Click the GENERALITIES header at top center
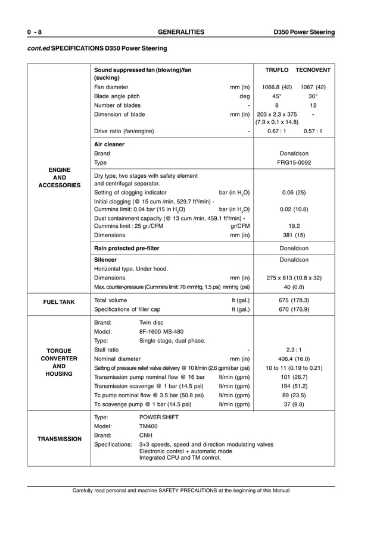180,32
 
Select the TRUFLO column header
276,70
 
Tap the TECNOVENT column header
313,70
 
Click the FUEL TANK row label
58,302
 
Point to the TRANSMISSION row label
60,439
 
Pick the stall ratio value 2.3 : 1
294,350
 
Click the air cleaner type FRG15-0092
294,162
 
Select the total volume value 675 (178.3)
294,300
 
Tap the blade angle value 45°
277,96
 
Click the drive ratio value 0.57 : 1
313,131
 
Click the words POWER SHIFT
159,417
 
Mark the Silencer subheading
105,260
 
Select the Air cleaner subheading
109,145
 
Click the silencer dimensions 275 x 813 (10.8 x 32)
294,278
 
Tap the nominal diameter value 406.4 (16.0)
294,359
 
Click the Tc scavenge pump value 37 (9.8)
294,404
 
